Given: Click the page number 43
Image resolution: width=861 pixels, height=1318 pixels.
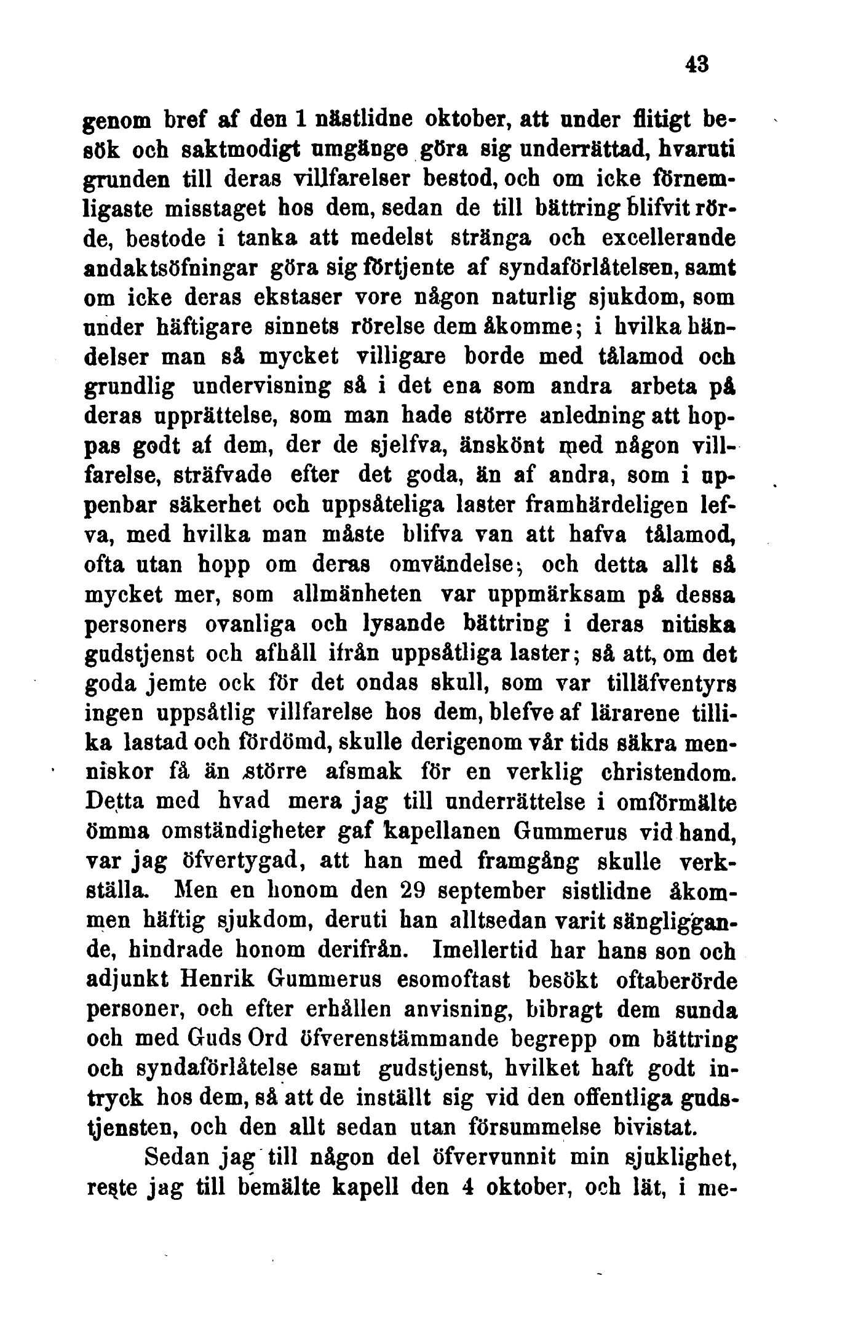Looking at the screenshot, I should (697, 64).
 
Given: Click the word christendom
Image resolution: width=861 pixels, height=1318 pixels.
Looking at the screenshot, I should (663, 772).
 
